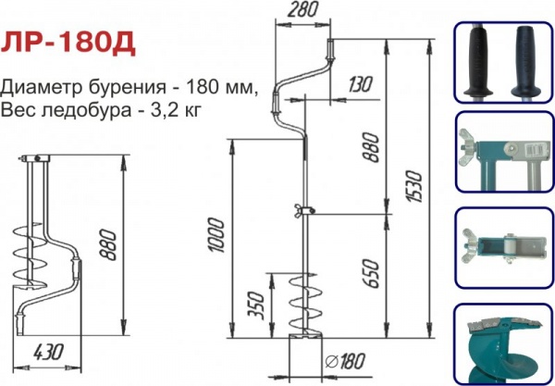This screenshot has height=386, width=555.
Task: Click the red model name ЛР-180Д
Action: click(68, 44)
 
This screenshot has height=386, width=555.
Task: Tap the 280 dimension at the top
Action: click(302, 9)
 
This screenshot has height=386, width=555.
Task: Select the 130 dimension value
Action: click(360, 84)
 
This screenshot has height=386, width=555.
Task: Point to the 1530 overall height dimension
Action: click(414, 186)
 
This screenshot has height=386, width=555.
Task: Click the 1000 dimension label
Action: click(216, 235)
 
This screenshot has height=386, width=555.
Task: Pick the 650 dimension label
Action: click(371, 273)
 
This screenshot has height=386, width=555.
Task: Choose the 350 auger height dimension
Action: click(257, 306)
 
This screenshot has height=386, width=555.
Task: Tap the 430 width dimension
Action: click(48, 352)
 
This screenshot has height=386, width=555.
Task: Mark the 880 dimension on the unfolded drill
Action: click(371, 147)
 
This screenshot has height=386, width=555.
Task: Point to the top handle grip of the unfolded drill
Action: click(330, 50)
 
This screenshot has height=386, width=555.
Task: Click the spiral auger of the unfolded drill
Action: click(304, 304)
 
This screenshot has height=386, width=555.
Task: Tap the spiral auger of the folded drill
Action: click(30, 254)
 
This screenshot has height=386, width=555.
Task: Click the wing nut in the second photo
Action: click(467, 147)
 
